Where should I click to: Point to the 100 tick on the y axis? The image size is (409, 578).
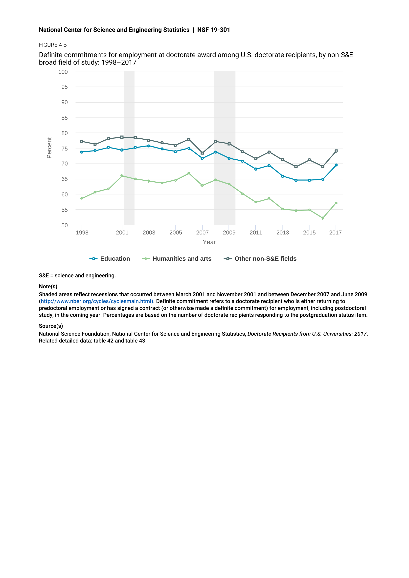pos(63,72)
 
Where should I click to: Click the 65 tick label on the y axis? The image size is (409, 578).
pos(65,179)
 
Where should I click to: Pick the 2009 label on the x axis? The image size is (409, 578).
pos(229,233)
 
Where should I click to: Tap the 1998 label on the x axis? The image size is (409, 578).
pos(82,233)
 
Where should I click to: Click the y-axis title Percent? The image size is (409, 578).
pos(49,148)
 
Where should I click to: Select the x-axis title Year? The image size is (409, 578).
pos(209,242)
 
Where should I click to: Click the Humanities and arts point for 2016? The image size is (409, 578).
pos(323,218)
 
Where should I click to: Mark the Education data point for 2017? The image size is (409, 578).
pos(336,165)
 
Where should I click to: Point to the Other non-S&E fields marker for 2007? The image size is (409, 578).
pos(202,153)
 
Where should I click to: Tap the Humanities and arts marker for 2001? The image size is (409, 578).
pos(122,176)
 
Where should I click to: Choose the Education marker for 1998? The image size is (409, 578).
pos(82,152)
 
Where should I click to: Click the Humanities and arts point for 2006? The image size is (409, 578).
pos(189,173)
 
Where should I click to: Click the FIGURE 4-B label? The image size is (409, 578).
pos(53,45)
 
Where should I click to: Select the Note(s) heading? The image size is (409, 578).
pos(48,286)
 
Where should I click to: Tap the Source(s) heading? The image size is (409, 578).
pos(51,326)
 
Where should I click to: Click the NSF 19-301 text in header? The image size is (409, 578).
pos(214,30)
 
